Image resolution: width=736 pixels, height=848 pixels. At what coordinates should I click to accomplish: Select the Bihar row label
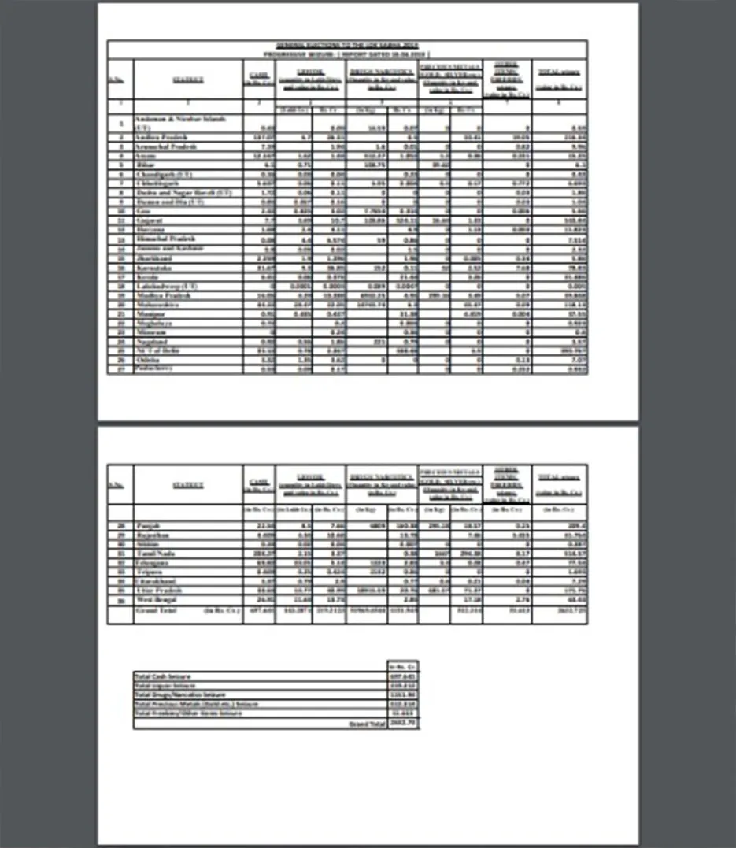click(146, 166)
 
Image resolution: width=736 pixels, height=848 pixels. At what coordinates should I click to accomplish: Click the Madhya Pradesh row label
click(164, 294)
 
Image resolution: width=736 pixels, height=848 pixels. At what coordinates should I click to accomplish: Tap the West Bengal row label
click(156, 602)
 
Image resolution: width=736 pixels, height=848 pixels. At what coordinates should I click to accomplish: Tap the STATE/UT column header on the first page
click(188, 80)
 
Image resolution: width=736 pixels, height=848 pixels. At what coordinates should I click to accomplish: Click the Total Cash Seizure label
click(165, 676)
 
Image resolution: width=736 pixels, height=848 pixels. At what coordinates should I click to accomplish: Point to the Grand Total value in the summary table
click(402, 723)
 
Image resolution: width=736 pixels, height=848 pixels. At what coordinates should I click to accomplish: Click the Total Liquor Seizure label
click(167, 686)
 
